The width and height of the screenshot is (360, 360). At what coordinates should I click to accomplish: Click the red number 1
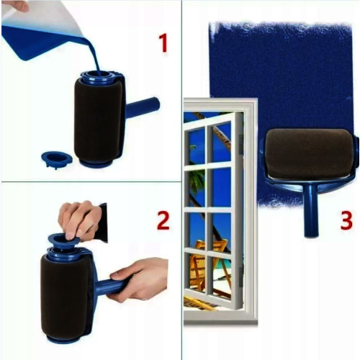(x=163, y=43)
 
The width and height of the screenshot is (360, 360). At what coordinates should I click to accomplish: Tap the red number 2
(x=163, y=220)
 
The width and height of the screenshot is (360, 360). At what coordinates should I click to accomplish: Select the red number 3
(x=346, y=220)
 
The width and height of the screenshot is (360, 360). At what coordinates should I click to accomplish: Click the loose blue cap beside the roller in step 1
(x=57, y=159)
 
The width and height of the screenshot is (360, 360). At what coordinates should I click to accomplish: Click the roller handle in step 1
(x=143, y=107)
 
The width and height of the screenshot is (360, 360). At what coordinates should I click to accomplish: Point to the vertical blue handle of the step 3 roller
(x=311, y=210)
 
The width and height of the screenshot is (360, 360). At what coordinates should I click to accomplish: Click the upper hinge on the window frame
(x=240, y=143)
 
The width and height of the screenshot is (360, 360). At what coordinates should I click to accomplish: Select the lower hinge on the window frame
(x=240, y=278)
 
